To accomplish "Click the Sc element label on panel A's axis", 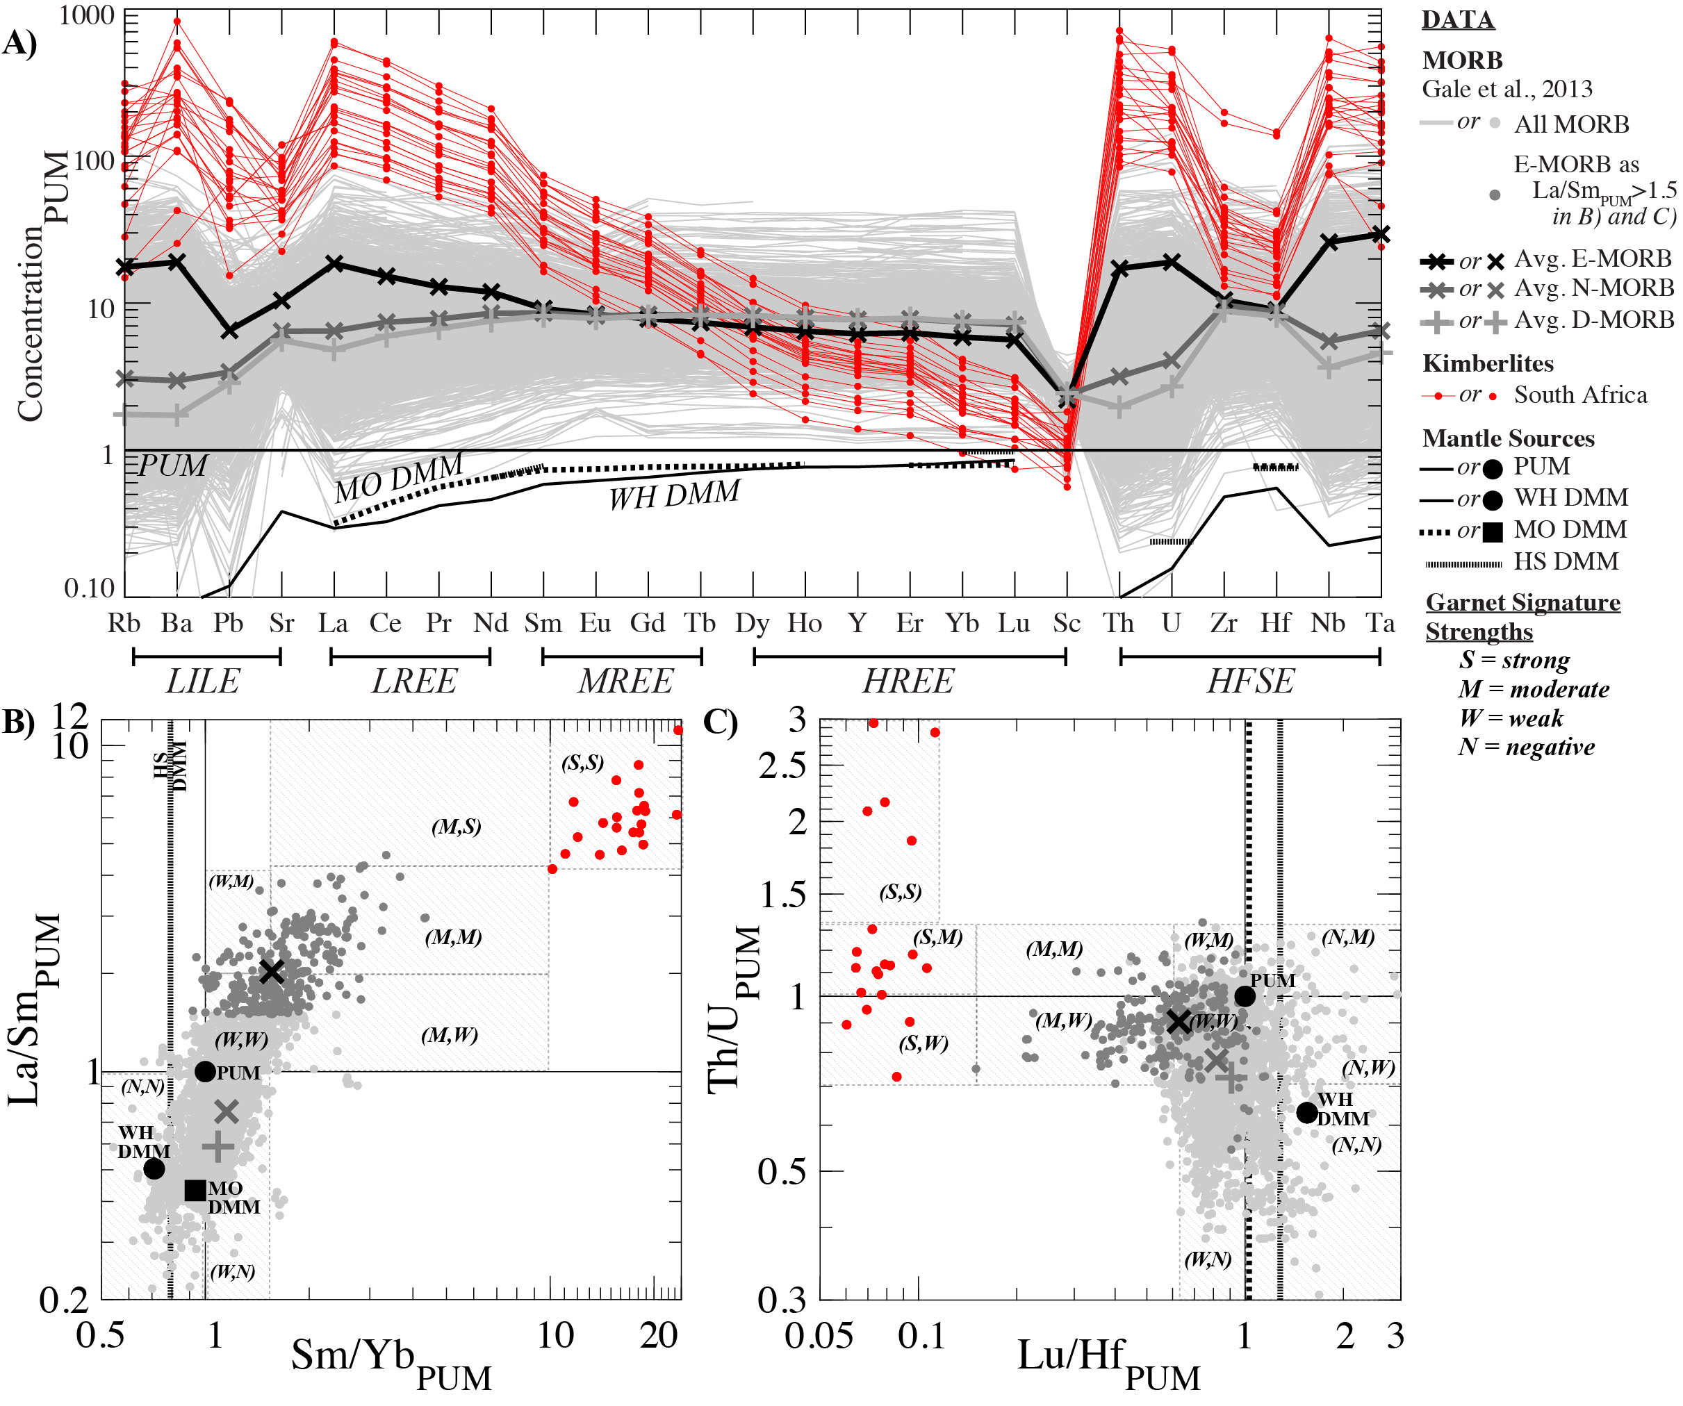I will pos(1067,623).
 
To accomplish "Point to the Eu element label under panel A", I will pos(595,623).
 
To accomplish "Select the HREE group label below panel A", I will pos(908,681).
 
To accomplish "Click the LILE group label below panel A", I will pos(203,681).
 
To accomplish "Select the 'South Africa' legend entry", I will pos(1580,395).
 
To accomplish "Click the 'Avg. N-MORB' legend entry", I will pos(1593,288).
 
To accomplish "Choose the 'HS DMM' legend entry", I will pos(1566,561).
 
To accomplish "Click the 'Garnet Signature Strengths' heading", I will pos(1522,616).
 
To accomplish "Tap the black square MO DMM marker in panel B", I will pos(195,1191).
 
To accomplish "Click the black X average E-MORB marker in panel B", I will pos(272,972).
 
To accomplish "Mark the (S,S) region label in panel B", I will pos(582,762).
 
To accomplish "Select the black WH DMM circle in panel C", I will pos(1307,1112).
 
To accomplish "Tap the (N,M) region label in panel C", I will pos(1348,936).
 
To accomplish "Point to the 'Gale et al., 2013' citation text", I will pos(1507,89).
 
